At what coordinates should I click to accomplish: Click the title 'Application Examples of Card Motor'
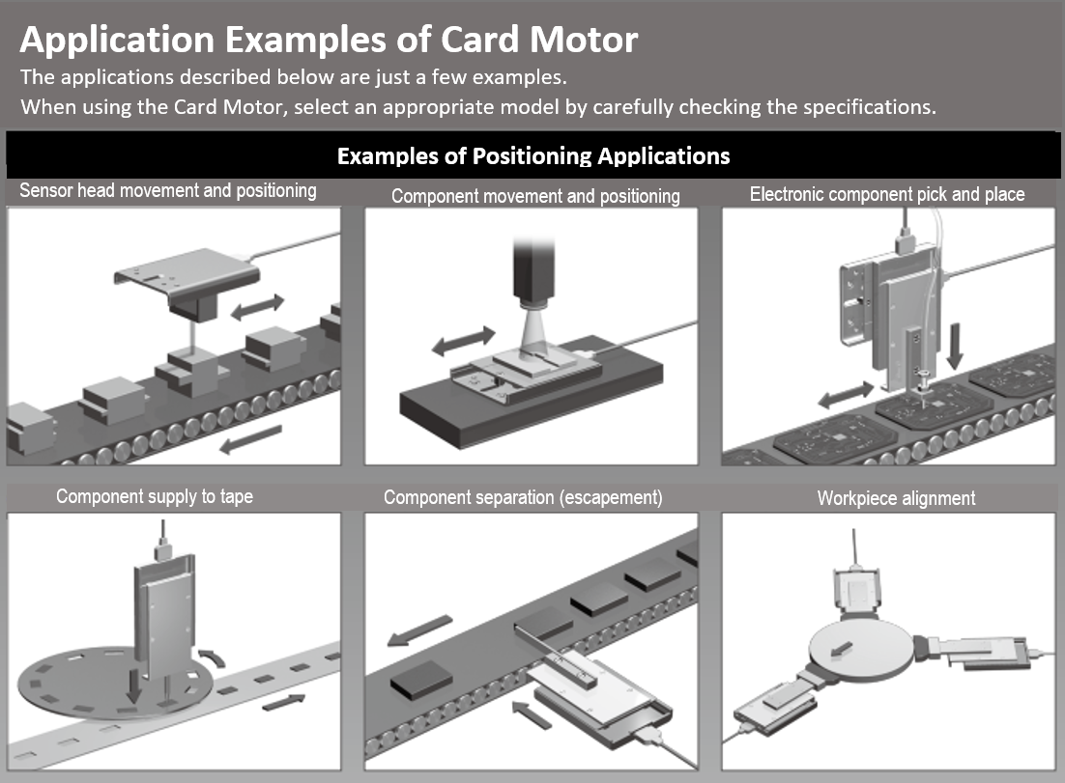coord(329,40)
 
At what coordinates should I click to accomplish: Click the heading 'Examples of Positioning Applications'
coord(532,155)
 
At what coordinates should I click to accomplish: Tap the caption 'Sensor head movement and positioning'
coord(168,190)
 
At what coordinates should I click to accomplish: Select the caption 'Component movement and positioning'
coord(535,196)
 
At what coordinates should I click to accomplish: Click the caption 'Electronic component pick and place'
coord(887,194)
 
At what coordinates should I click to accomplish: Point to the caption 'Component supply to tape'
coord(155,496)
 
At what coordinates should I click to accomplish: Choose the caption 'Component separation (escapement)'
coord(523,497)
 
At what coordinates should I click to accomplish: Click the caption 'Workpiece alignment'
coord(896,498)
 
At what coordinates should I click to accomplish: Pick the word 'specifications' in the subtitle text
coord(872,106)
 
